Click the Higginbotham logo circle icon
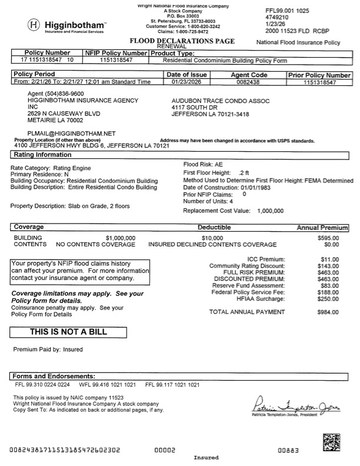click(x=34, y=26)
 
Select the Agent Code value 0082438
click(x=248, y=83)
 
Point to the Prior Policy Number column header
click(x=319, y=75)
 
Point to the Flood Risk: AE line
click(x=203, y=164)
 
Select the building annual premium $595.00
click(x=327, y=237)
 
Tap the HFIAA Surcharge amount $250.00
click(x=327, y=299)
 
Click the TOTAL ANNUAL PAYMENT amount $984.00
click(x=327, y=312)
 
